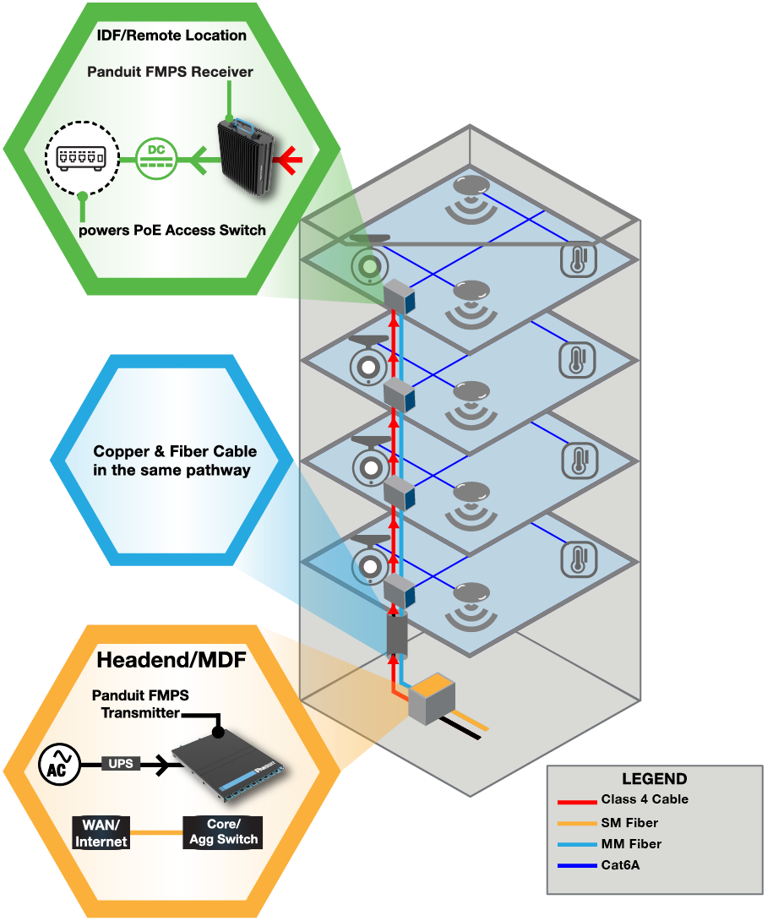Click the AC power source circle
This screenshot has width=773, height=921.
tap(60, 765)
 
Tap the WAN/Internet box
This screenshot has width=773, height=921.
tap(101, 832)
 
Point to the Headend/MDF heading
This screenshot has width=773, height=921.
tap(171, 659)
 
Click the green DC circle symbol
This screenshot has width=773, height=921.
tap(156, 157)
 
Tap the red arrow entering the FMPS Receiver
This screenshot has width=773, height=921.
tap(290, 157)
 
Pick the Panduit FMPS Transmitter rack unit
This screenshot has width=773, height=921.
tap(230, 764)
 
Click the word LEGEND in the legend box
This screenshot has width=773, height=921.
tap(654, 779)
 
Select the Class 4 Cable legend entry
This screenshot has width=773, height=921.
tap(645, 799)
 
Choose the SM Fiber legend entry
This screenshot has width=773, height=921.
tap(629, 822)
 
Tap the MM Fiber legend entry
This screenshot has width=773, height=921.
tap(631, 844)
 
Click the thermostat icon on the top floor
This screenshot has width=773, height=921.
tap(578, 260)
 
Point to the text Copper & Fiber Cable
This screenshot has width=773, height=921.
tap(175, 451)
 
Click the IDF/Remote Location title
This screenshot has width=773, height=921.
tap(171, 35)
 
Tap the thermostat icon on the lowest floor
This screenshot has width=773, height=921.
tap(580, 559)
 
